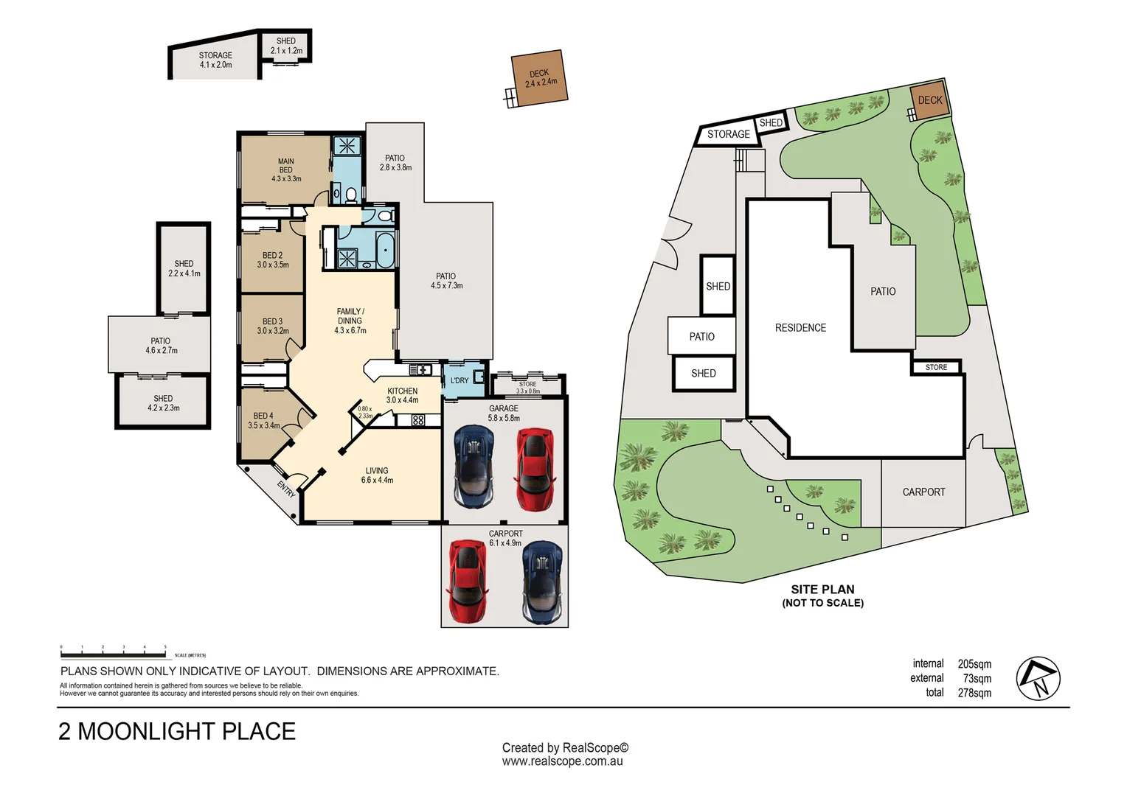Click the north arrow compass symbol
click(x=1038, y=678)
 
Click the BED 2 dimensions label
click(x=273, y=265)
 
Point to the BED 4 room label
click(x=263, y=416)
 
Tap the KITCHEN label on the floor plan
click(x=403, y=391)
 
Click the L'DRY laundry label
click(x=460, y=380)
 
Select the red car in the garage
click(x=535, y=469)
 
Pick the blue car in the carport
click(x=542, y=582)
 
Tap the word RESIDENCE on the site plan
click(x=800, y=328)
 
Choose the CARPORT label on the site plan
click(x=923, y=492)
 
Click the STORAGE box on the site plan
click(x=728, y=134)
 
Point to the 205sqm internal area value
click(x=974, y=664)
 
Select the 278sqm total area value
click(x=974, y=693)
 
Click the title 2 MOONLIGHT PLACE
click(x=177, y=731)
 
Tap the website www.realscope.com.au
click(x=562, y=761)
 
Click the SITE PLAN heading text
click(x=822, y=590)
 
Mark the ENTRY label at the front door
click(x=286, y=489)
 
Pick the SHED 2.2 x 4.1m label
click(x=184, y=268)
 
